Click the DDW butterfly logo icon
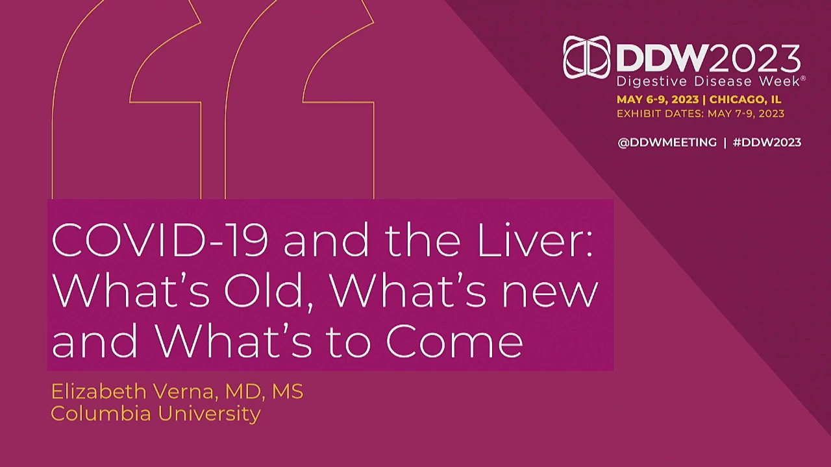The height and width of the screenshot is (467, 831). click(586, 58)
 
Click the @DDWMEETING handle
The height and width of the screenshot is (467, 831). click(667, 143)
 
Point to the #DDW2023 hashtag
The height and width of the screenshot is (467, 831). click(767, 143)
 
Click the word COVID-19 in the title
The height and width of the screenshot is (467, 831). click(160, 240)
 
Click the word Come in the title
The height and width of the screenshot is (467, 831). click(455, 341)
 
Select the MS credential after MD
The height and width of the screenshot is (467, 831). click(288, 392)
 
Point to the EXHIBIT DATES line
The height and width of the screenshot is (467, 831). click(701, 114)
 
